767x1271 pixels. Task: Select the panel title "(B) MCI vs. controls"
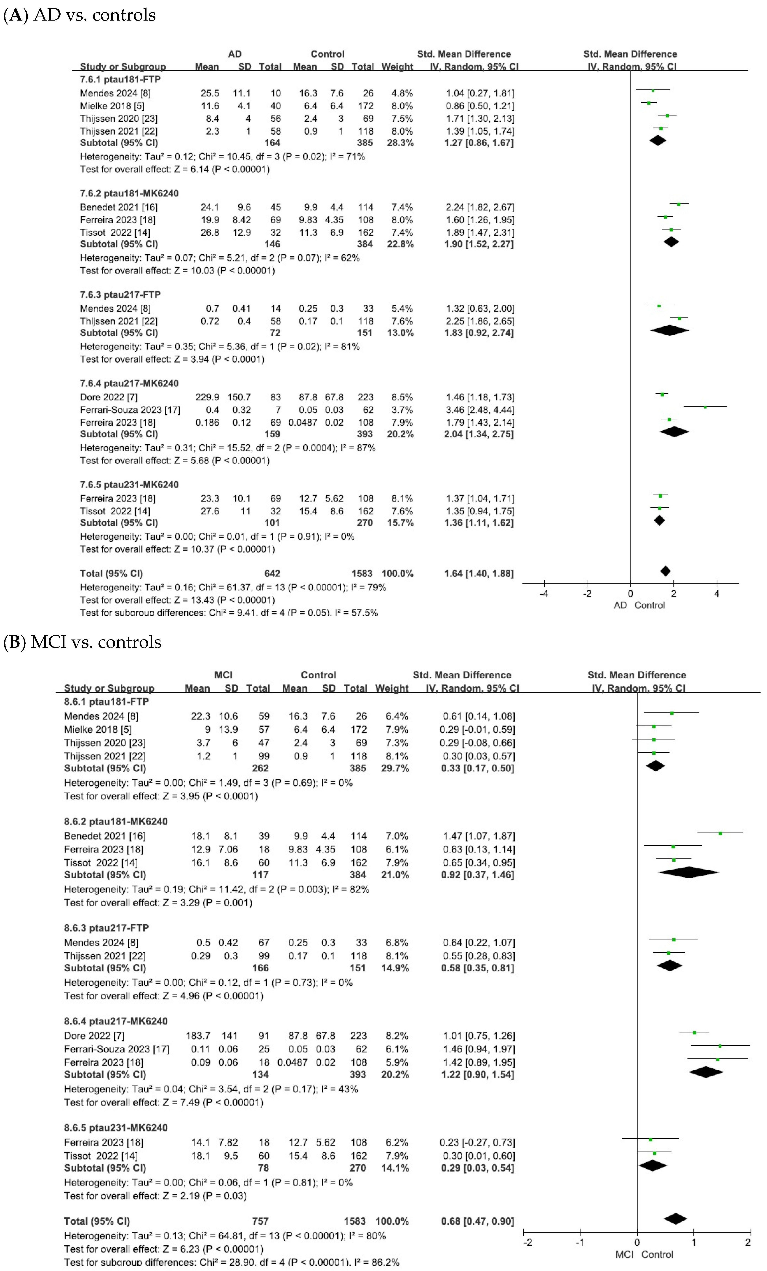pyautogui.click(x=83, y=642)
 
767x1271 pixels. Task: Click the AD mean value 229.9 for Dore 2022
pyautogui.click(x=207, y=397)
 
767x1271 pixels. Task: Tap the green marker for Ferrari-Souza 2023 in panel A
pyautogui.click(x=705, y=407)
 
